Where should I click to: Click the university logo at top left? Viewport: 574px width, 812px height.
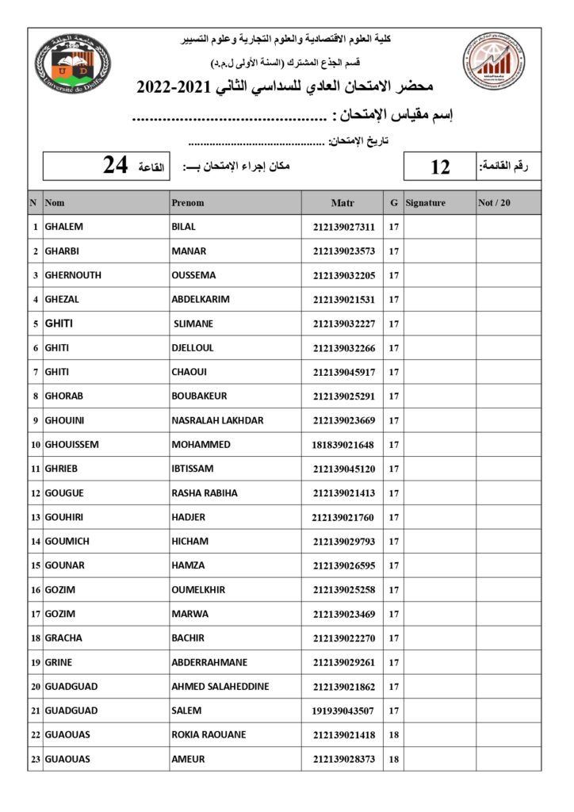pyautogui.click(x=73, y=63)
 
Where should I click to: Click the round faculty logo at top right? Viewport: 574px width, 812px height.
pyautogui.click(x=493, y=63)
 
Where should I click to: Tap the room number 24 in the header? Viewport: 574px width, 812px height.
pyautogui.click(x=115, y=166)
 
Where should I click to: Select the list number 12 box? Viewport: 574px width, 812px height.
pyautogui.click(x=440, y=167)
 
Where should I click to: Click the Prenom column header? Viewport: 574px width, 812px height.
pyautogui.click(x=188, y=203)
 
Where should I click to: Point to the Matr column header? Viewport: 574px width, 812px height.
pyautogui.click(x=342, y=203)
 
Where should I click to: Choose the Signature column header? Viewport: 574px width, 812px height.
pyautogui.click(x=426, y=203)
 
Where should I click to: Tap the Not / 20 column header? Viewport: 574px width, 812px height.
pyautogui.click(x=495, y=203)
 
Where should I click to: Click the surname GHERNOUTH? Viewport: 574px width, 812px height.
pyautogui.click(x=73, y=275)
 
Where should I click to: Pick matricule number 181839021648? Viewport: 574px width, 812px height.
pyautogui.click(x=343, y=445)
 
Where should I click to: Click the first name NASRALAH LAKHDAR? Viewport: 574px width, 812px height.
pyautogui.click(x=217, y=420)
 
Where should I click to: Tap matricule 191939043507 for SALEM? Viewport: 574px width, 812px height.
pyautogui.click(x=343, y=711)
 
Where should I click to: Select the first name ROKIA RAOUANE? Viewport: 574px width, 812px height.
pyautogui.click(x=209, y=734)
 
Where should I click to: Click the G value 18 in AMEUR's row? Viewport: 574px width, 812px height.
pyautogui.click(x=393, y=760)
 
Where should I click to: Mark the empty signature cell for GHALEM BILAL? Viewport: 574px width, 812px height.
pyautogui.click(x=439, y=227)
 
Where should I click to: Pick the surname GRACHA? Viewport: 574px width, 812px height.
pyautogui.click(x=63, y=638)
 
